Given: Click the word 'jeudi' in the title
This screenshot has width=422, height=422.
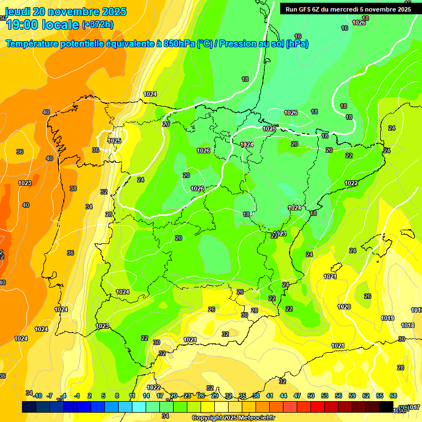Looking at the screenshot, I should pyautogui.click(x=18, y=12).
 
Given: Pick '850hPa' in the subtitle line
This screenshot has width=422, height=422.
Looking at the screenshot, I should pyautogui.click(x=180, y=44).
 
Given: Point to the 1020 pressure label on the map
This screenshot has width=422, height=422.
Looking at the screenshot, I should pyautogui.click(x=344, y=307).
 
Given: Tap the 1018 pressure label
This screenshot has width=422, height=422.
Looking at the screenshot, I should pyautogui.click(x=407, y=325).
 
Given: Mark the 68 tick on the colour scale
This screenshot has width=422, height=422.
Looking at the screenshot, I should pyautogui.click(x=393, y=396).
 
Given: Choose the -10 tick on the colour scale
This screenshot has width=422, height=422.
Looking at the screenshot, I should pyautogui.click(x=37, y=396).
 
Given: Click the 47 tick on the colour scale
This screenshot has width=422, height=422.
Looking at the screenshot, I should pyautogui.click(x=297, y=396).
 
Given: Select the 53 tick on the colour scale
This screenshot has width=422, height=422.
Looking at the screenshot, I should pyautogui.click(x=325, y=396).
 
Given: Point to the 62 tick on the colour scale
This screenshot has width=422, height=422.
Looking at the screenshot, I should pyautogui.click(x=366, y=396).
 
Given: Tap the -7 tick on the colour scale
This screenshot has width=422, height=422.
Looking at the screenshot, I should pyautogui.click(x=50, y=396).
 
